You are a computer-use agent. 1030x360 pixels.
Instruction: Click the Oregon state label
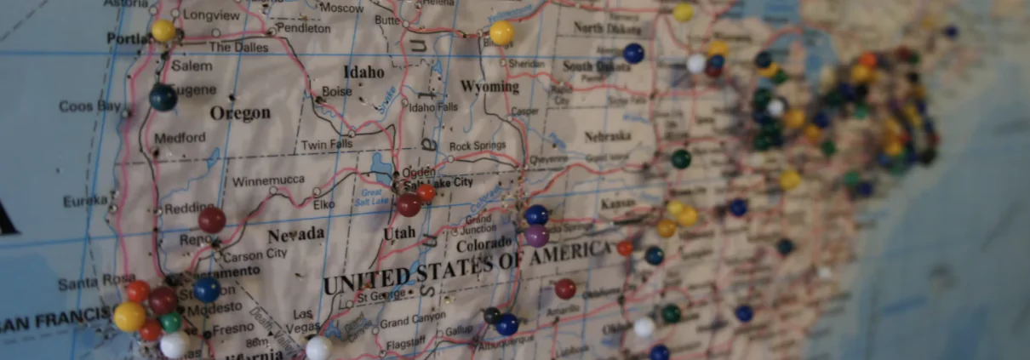[239, 113]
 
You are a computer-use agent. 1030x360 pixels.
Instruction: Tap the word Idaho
[363, 71]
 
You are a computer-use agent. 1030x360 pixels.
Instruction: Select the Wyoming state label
[489, 87]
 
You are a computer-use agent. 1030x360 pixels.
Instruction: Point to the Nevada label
[295, 234]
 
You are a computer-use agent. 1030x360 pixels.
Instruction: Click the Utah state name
[399, 232]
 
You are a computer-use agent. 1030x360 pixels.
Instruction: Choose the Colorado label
[484, 245]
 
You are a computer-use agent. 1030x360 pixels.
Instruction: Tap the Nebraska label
[608, 136]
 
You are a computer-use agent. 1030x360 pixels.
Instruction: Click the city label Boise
[337, 91]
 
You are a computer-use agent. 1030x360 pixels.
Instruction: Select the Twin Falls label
[327, 146]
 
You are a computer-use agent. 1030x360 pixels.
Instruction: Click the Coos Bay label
[89, 106]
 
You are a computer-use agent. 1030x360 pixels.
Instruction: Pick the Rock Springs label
[477, 146]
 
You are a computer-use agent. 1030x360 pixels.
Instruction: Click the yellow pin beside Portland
[163, 31]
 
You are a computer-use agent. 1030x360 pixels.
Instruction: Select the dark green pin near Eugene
[163, 97]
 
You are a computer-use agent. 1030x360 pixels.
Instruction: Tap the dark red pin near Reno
[212, 220]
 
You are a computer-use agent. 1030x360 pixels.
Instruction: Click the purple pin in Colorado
[537, 236]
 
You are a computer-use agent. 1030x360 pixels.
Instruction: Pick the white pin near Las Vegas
[318, 347]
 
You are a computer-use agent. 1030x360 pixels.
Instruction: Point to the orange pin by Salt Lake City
[426, 193]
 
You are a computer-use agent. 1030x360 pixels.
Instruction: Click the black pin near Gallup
[492, 316]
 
